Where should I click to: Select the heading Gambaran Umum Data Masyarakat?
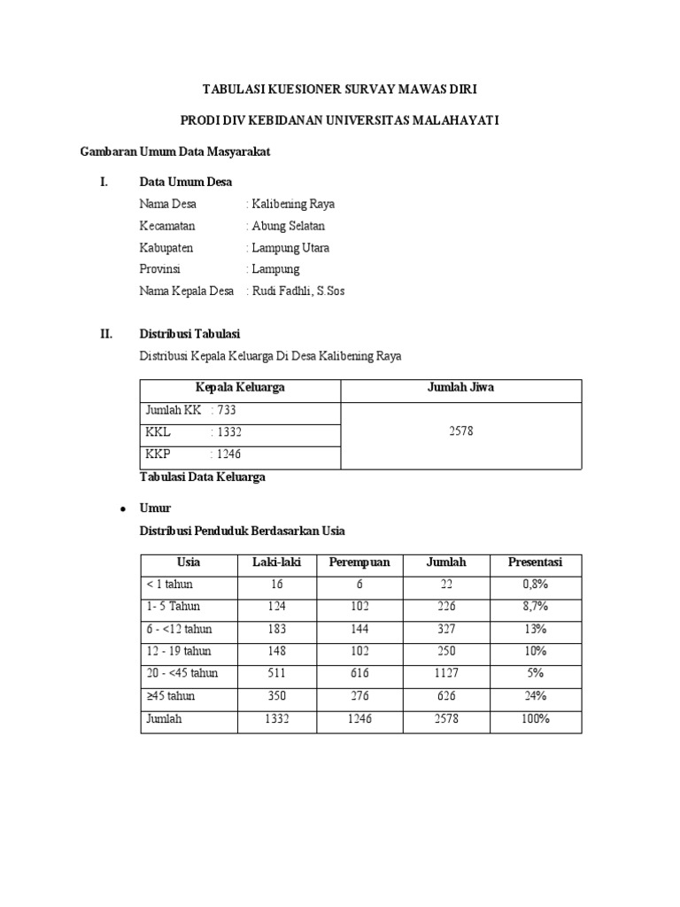(175, 151)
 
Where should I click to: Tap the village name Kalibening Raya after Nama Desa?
(293, 204)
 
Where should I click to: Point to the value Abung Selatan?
(290, 226)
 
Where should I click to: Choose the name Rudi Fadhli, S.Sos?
(298, 291)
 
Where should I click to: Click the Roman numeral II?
(106, 334)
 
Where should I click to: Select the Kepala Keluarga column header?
(240, 388)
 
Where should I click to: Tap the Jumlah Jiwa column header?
(461, 388)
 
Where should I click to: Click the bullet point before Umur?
(120, 509)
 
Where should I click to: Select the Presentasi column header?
(535, 562)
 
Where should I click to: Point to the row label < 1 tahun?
(170, 585)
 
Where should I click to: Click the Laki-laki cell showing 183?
(277, 629)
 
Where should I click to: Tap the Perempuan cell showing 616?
(359, 673)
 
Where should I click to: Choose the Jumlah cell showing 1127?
(446, 673)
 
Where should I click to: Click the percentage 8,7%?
(535, 607)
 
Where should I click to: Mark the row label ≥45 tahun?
(171, 696)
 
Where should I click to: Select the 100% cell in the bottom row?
(535, 718)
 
